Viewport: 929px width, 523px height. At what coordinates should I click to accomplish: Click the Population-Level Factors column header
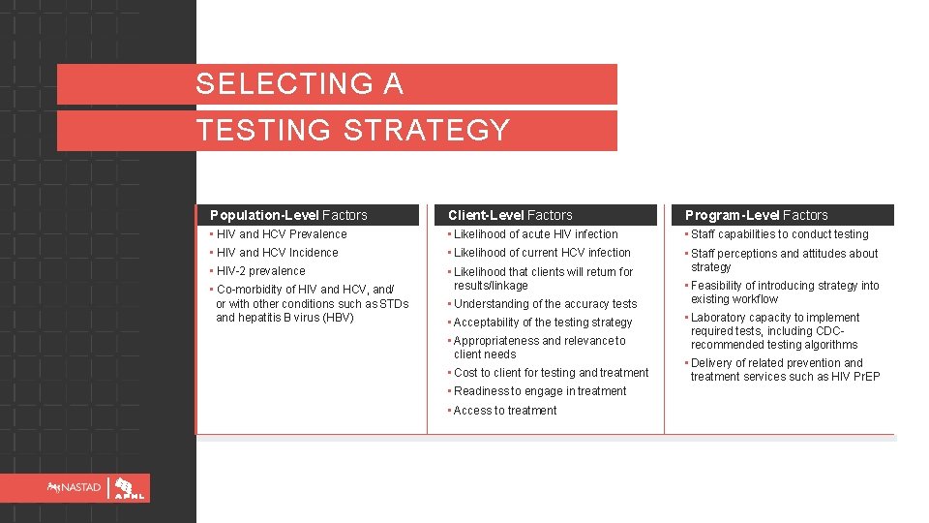pyautogui.click(x=288, y=215)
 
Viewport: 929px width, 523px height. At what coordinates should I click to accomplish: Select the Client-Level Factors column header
pyautogui.click(x=510, y=215)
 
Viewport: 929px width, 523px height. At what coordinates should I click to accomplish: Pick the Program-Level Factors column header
pyautogui.click(x=757, y=215)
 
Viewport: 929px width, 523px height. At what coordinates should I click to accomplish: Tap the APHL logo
pyautogui.click(x=131, y=488)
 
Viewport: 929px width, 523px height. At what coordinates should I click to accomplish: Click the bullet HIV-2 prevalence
pyautogui.click(x=260, y=271)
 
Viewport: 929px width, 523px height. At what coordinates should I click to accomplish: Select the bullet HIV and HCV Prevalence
pyautogui.click(x=282, y=234)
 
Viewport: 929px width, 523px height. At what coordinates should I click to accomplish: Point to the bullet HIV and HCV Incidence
pyautogui.click(x=278, y=253)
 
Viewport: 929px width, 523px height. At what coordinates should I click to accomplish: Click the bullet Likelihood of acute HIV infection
pyautogui.click(x=535, y=234)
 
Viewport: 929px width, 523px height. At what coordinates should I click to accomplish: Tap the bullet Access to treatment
pyautogui.click(x=505, y=411)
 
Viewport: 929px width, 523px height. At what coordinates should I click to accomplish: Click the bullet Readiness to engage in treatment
pyautogui.click(x=540, y=391)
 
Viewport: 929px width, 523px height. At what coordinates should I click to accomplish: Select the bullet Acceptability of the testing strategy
pyautogui.click(x=542, y=323)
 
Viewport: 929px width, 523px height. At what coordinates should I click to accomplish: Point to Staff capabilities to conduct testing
pyautogui.click(x=779, y=234)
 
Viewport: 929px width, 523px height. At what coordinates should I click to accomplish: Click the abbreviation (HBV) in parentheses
pyautogui.click(x=339, y=318)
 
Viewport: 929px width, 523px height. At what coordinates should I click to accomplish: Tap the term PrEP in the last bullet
pyautogui.click(x=865, y=377)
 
